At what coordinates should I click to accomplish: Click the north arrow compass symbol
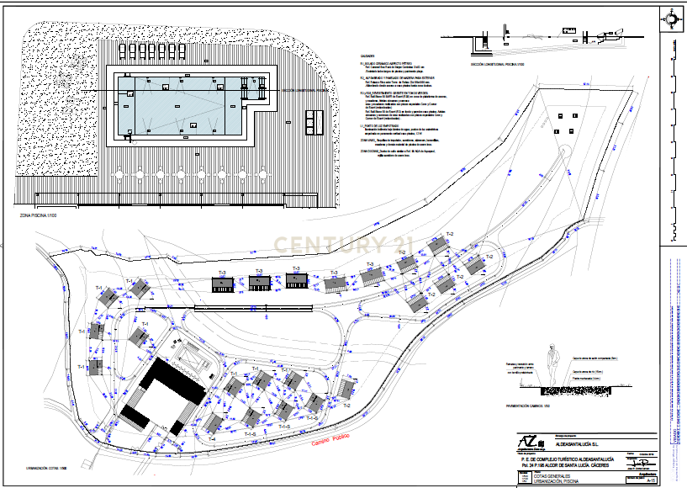click(x=672, y=19)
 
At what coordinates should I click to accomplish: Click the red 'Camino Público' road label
click(x=330, y=440)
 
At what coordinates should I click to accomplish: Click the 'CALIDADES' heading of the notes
click(x=367, y=57)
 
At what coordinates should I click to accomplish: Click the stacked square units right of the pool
click(x=313, y=124)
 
